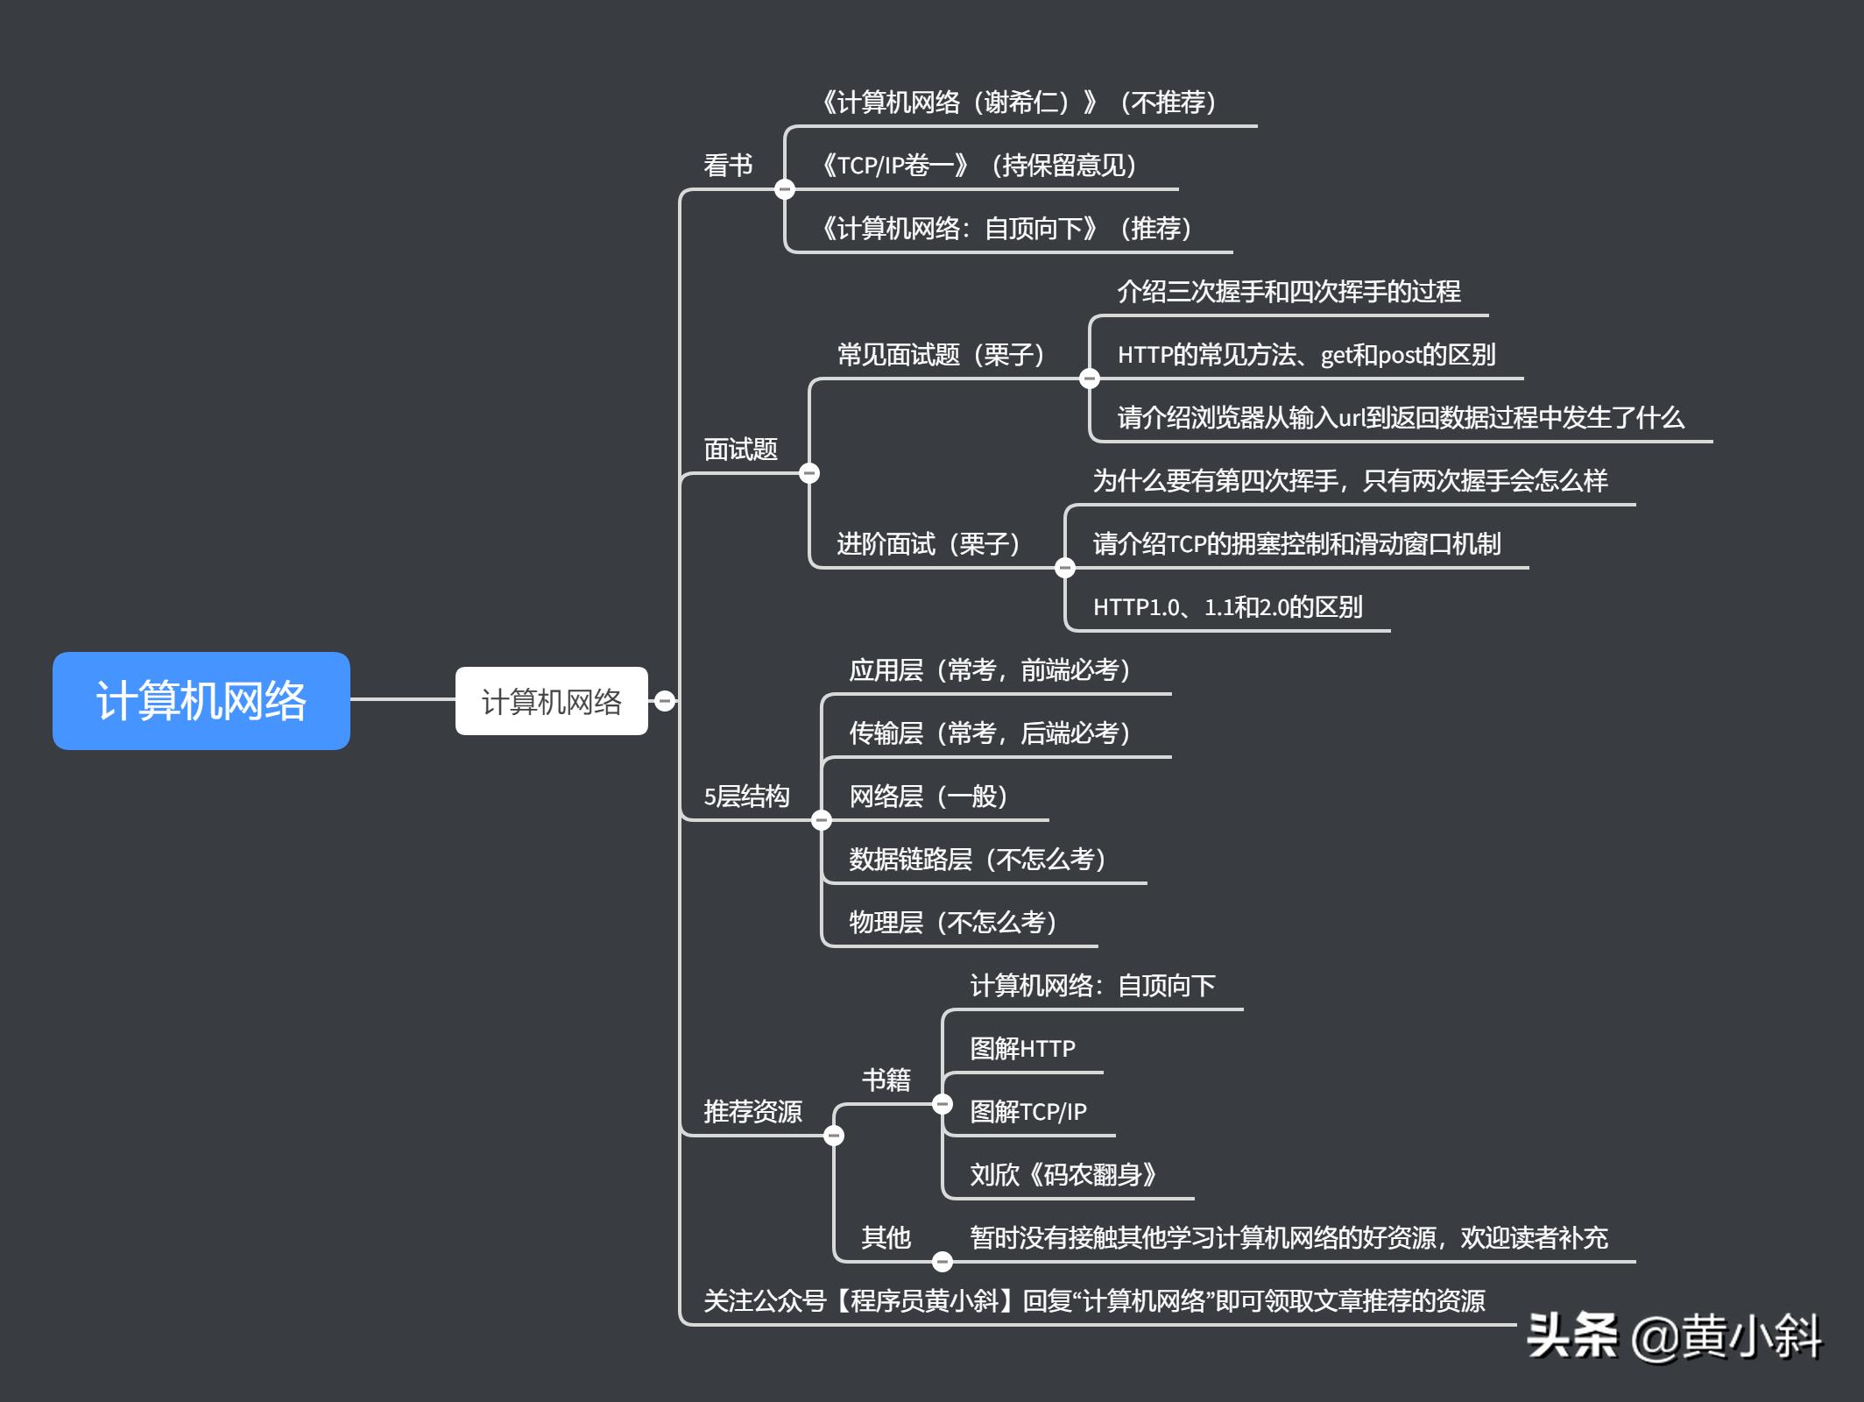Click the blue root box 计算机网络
click(201, 700)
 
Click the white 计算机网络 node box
click(551, 701)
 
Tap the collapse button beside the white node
click(665, 701)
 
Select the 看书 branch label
click(728, 166)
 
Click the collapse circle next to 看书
click(785, 189)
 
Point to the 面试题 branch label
click(741, 450)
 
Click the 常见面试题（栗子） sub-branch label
click(941, 355)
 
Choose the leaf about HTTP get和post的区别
click(1306, 355)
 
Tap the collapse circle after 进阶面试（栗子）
click(1065, 568)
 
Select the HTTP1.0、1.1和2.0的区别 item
click(1227, 607)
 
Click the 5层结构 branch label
click(746, 797)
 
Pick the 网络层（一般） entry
click(928, 797)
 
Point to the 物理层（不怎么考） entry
click(953, 923)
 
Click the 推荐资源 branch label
click(752, 1112)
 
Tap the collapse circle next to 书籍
click(943, 1104)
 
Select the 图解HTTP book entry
click(1022, 1049)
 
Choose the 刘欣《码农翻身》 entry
click(1063, 1175)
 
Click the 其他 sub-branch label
click(886, 1238)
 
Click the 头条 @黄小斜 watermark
click(1674, 1337)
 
